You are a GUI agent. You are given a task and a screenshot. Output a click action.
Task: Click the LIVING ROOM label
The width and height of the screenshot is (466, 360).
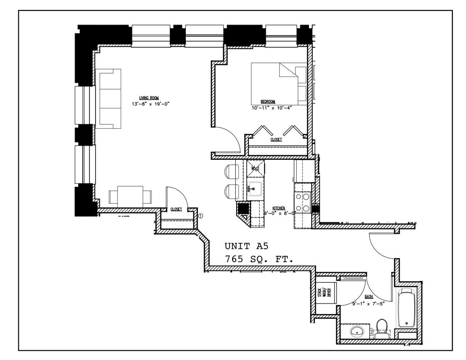(148, 97)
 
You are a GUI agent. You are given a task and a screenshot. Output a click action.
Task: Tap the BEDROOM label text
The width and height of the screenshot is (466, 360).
(268, 101)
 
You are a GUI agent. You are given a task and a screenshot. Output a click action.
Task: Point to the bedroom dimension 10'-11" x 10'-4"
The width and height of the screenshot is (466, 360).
(271, 108)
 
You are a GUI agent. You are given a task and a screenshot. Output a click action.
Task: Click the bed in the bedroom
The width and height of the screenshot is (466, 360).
(278, 83)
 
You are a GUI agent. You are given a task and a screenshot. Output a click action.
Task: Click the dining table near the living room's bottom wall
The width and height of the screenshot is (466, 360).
(130, 196)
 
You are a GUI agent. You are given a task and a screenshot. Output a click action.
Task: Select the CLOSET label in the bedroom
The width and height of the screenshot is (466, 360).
(276, 140)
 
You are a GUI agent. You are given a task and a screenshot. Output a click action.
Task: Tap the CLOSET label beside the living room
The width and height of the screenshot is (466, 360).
(176, 209)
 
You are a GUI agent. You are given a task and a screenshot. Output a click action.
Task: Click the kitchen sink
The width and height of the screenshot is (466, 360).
(255, 187)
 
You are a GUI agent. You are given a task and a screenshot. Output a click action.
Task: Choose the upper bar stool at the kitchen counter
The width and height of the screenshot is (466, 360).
(231, 172)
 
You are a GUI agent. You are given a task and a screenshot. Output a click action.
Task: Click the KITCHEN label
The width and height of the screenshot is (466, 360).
(279, 206)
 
